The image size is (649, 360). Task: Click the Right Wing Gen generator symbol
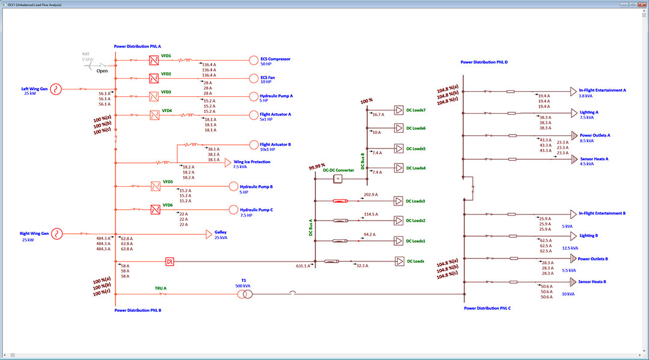click(x=56, y=233)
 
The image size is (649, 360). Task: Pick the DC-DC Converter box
click(x=338, y=179)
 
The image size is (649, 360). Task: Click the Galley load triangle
click(x=209, y=233)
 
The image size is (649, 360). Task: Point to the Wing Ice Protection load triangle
click(x=228, y=162)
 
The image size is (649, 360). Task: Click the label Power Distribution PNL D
click(x=484, y=62)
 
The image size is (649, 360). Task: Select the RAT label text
click(x=86, y=53)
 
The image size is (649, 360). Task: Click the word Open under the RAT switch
click(x=102, y=70)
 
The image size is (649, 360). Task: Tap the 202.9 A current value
click(x=371, y=195)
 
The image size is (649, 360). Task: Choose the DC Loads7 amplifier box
click(x=399, y=110)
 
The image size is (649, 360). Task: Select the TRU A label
click(x=160, y=288)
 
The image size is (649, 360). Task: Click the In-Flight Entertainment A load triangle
click(x=573, y=91)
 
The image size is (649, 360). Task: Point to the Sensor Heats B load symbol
click(x=572, y=281)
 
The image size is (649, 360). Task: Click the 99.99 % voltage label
click(x=317, y=166)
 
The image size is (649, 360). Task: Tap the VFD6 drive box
click(x=153, y=209)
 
